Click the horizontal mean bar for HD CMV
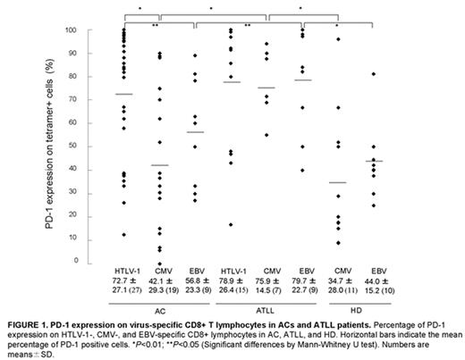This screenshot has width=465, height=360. click(x=338, y=182)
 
